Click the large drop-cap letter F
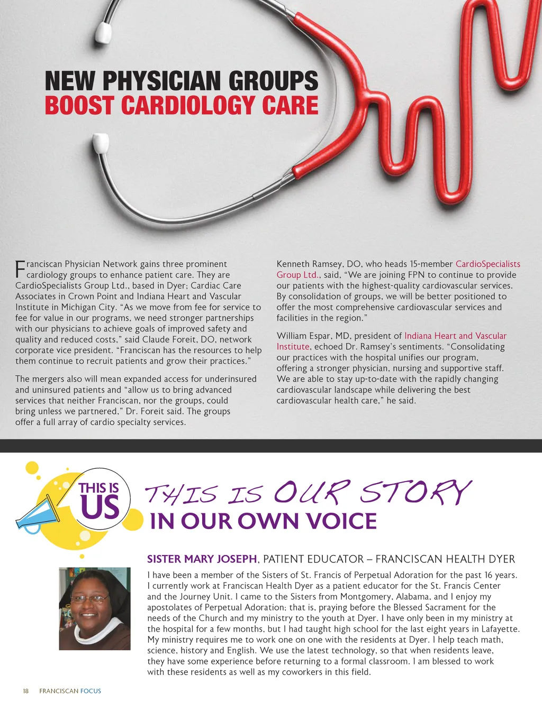pyautogui.click(x=20, y=269)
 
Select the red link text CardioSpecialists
pyautogui.click(x=487, y=264)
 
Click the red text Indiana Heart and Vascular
pyautogui.click(x=455, y=336)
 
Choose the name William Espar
pyautogui.click(x=303, y=336)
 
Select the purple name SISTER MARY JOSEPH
pyautogui.click(x=202, y=559)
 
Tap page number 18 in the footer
pyautogui.click(x=25, y=691)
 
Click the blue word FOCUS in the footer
pyautogui.click(x=91, y=691)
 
